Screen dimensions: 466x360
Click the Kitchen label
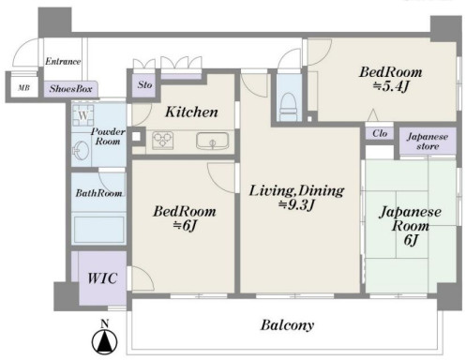click(191, 112)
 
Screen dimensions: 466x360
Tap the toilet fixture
click(289, 107)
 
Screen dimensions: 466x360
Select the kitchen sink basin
click(213, 142)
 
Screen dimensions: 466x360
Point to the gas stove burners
click(162, 141)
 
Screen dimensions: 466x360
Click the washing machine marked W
click(83, 115)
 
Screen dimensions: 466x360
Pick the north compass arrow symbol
click(105, 338)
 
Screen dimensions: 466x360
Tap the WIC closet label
click(102, 278)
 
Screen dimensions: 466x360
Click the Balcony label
click(287, 325)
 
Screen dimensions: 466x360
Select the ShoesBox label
click(70, 89)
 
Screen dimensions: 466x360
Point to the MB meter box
click(23, 88)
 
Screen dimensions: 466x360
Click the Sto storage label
click(144, 84)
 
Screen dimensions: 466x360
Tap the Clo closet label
click(380, 133)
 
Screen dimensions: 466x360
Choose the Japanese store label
click(428, 142)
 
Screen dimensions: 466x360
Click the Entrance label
click(63, 61)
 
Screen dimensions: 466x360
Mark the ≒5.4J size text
click(391, 86)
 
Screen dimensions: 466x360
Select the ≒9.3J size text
click(296, 205)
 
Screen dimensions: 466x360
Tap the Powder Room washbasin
click(82, 151)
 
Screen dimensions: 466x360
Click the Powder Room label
click(108, 136)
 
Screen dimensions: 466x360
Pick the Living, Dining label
click(296, 190)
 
